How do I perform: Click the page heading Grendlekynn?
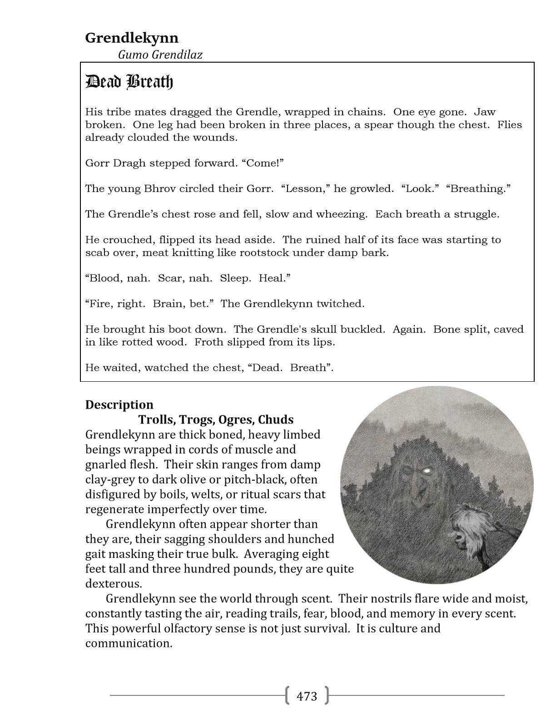(x=132, y=38)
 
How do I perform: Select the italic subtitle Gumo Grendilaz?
(x=160, y=54)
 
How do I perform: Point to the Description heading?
(x=119, y=404)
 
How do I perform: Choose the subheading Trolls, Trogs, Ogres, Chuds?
(x=216, y=419)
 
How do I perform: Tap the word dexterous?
(x=114, y=584)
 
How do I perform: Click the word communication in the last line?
(x=129, y=644)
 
